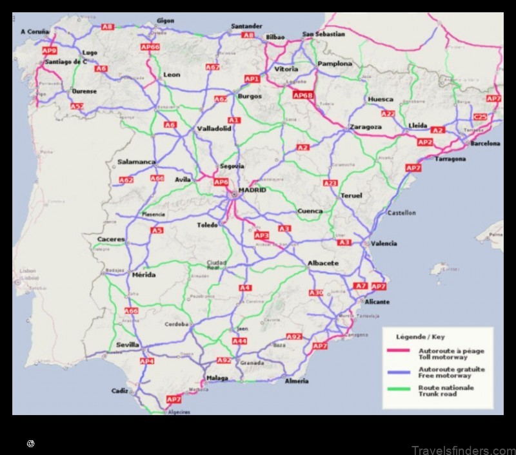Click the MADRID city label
pyautogui.click(x=252, y=191)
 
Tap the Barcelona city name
pyautogui.click(x=485, y=144)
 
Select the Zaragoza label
pyautogui.click(x=365, y=127)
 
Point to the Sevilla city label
pyautogui.click(x=128, y=345)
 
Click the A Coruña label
pyautogui.click(x=35, y=31)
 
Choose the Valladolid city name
pyautogui.click(x=214, y=128)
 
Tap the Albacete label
pyautogui.click(x=323, y=263)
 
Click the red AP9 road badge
pyautogui.click(x=49, y=50)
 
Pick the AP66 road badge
pyautogui.click(x=150, y=47)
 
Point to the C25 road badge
pyautogui.click(x=480, y=117)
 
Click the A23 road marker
pyautogui.click(x=330, y=183)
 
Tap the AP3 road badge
pyautogui.click(x=261, y=235)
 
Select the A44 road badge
pyautogui.click(x=239, y=341)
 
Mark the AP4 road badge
pyautogui.click(x=147, y=362)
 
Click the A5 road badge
pyautogui.click(x=157, y=230)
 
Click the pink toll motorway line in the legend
pyautogui.click(x=400, y=351)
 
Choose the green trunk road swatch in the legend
pyautogui.click(x=400, y=388)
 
